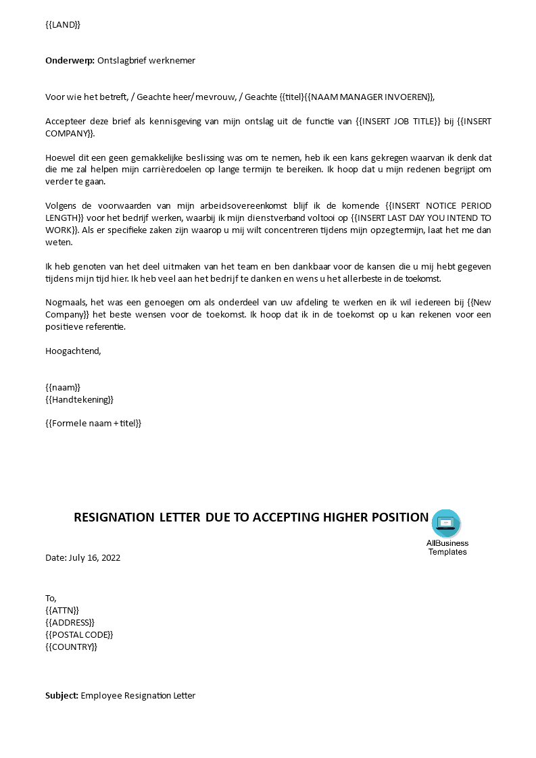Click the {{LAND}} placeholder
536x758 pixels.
(x=63, y=25)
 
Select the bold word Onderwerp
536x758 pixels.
(x=70, y=60)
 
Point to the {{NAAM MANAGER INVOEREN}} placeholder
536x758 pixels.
(x=367, y=97)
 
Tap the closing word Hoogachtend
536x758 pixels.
(x=73, y=351)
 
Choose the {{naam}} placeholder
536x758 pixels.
(x=63, y=387)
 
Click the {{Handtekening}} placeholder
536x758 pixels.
(x=79, y=399)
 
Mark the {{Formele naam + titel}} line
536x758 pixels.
(x=93, y=423)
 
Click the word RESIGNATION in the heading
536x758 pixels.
(x=114, y=517)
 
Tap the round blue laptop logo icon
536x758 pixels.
(x=446, y=524)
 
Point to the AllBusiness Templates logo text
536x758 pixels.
(x=447, y=547)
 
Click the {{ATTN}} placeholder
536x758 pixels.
(x=62, y=610)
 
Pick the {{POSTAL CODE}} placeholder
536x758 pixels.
(x=79, y=634)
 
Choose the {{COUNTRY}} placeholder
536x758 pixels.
(x=71, y=647)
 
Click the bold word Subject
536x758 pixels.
(x=62, y=695)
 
